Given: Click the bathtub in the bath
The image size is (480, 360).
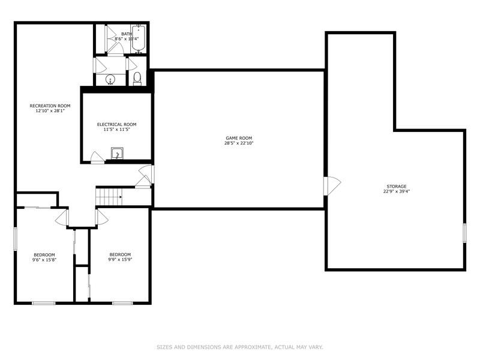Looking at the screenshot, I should click(x=139, y=38).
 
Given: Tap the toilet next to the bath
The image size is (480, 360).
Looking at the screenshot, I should click(x=137, y=78).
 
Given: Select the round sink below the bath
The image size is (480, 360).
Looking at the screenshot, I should click(x=110, y=79).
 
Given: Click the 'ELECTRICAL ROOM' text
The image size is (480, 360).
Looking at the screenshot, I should click(x=117, y=124).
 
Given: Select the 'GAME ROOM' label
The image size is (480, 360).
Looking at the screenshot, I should click(x=239, y=138).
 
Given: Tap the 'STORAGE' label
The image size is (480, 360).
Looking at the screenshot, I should click(x=397, y=187).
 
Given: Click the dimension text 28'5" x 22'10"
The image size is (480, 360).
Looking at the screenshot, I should click(x=239, y=143).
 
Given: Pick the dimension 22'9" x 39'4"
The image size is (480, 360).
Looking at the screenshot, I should click(x=397, y=192).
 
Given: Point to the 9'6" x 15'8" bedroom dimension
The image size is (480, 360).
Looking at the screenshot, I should click(x=44, y=260).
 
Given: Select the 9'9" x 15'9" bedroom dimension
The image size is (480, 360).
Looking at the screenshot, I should click(x=119, y=260).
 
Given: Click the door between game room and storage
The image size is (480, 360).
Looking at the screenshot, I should click(x=332, y=185).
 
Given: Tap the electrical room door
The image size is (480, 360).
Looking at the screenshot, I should click(x=95, y=157).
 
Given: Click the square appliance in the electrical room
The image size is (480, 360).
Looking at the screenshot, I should click(x=118, y=153).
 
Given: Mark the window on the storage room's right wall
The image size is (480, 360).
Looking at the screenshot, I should click(x=464, y=233).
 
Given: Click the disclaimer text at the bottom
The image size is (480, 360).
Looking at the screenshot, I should click(x=240, y=347).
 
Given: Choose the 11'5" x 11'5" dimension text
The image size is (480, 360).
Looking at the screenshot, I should click(x=117, y=130).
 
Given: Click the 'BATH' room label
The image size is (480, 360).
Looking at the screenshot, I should click(x=126, y=34).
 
